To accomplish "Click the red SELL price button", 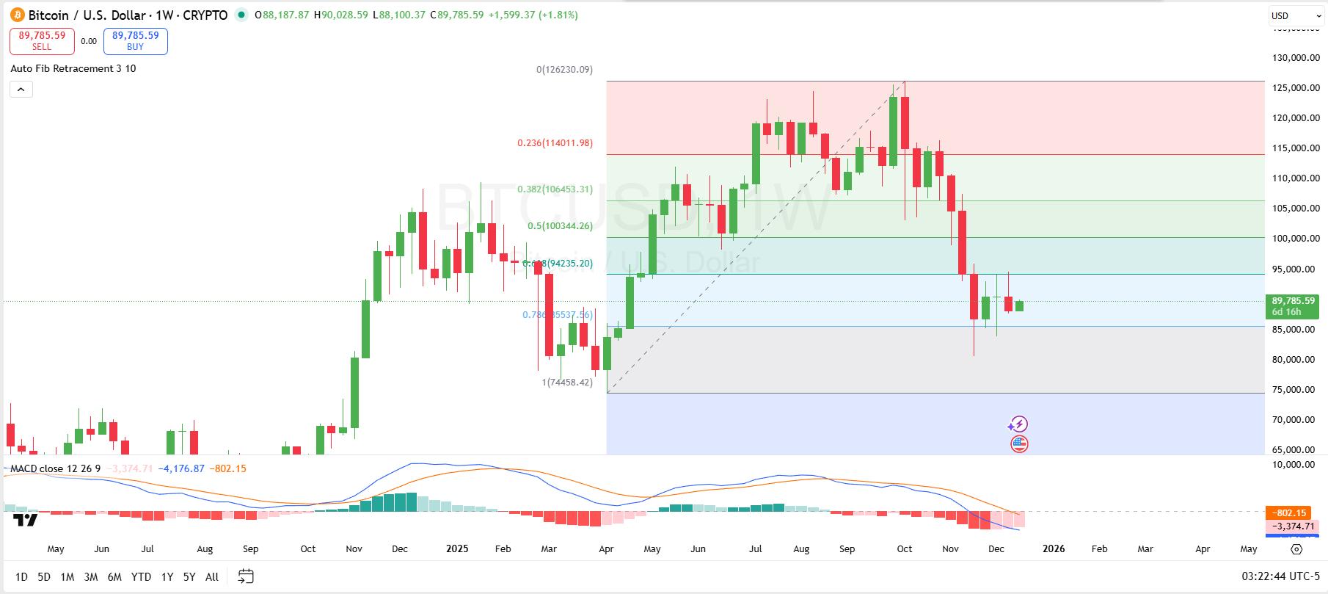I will click(x=42, y=41).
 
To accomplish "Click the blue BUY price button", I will click(x=135, y=41).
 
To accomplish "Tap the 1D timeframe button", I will click(x=21, y=577).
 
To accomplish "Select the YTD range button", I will click(x=141, y=577).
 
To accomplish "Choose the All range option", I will click(x=212, y=577).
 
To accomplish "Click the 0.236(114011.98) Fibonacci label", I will click(x=555, y=143).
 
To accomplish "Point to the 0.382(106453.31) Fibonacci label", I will click(x=555, y=189).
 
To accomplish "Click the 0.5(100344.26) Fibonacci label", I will click(x=560, y=226).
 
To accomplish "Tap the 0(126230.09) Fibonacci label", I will click(x=564, y=70).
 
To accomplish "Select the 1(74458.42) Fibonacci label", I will click(x=567, y=383).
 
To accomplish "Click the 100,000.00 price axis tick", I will click(x=1295, y=239).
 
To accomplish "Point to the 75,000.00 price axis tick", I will click(x=1295, y=390).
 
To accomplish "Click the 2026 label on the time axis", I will click(x=1054, y=548).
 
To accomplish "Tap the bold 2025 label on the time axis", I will click(x=457, y=548).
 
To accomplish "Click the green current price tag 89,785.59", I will click(x=1293, y=301).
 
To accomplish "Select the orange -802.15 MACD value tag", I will click(x=1290, y=512).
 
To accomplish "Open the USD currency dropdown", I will click(x=1294, y=15).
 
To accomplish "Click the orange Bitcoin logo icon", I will click(x=16, y=15).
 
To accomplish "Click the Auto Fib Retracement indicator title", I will click(x=73, y=68).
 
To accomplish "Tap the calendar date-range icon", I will click(x=246, y=576).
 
